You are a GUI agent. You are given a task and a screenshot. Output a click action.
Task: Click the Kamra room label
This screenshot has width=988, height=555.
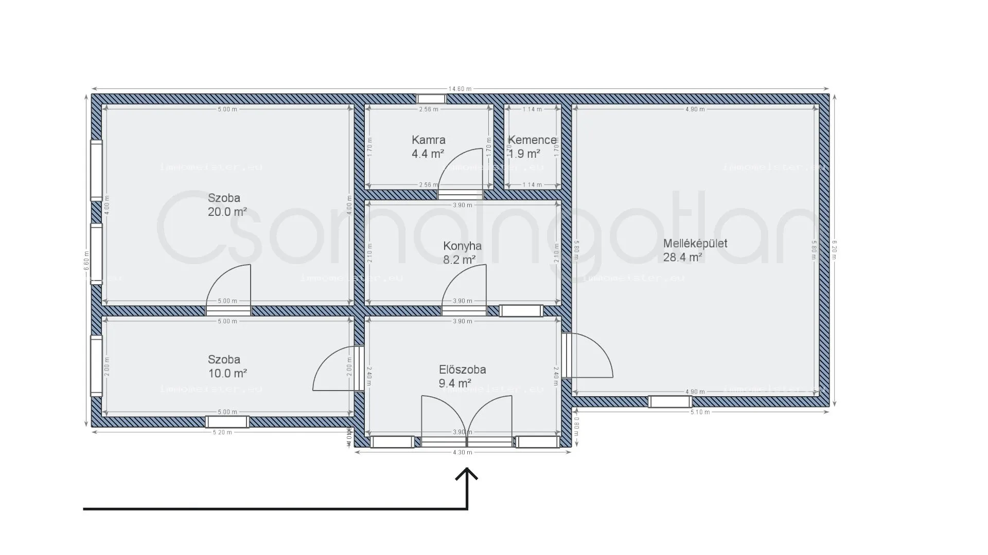[x=428, y=140]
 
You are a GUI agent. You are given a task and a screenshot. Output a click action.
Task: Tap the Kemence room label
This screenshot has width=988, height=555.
[x=532, y=140]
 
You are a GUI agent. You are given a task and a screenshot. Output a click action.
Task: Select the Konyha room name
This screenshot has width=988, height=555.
[x=462, y=246]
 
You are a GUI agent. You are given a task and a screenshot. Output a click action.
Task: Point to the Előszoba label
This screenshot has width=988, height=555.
[x=462, y=369]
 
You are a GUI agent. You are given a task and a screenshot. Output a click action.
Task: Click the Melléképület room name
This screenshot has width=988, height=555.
[x=695, y=244]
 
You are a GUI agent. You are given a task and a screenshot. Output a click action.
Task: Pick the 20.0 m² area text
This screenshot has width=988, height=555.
[x=227, y=211]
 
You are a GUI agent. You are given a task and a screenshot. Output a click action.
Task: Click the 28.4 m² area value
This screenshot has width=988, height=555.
[x=682, y=257]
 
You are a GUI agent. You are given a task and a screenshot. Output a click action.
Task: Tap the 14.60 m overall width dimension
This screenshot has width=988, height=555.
[x=460, y=89]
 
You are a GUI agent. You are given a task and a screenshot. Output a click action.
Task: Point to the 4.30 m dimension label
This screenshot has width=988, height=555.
[x=463, y=453]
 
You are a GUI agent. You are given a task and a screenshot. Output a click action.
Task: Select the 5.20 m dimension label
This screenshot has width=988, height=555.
[x=222, y=433]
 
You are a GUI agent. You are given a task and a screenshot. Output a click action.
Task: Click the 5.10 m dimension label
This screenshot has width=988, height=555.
[x=700, y=412]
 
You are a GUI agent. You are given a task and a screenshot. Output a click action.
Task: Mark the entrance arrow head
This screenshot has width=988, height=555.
[x=467, y=474]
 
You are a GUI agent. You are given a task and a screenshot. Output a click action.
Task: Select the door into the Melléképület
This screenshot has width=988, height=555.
[x=587, y=356]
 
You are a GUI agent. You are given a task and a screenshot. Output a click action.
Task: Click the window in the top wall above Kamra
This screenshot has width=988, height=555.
[x=431, y=99]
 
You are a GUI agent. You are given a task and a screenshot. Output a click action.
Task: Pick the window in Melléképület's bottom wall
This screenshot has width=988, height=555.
[x=669, y=401]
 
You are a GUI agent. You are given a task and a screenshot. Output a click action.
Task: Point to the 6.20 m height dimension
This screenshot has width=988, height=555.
[x=835, y=250]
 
